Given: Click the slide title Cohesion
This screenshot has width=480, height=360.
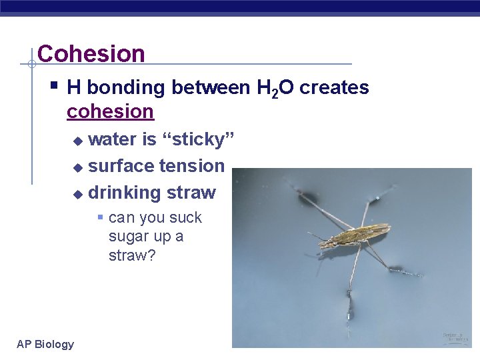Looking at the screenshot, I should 91,53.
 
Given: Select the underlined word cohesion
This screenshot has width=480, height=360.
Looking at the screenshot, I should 110,111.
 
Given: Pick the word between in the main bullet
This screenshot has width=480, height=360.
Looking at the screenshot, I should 211,87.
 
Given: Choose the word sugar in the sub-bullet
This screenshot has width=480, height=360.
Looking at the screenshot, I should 127,237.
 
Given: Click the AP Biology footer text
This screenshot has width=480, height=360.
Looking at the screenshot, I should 45,344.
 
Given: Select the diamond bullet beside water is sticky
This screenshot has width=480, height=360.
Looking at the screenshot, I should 78,141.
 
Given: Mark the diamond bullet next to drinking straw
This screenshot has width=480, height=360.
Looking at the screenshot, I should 78,194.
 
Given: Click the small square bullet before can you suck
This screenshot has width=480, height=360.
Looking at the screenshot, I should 99,217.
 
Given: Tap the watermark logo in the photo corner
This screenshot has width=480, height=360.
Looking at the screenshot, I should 455,337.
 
